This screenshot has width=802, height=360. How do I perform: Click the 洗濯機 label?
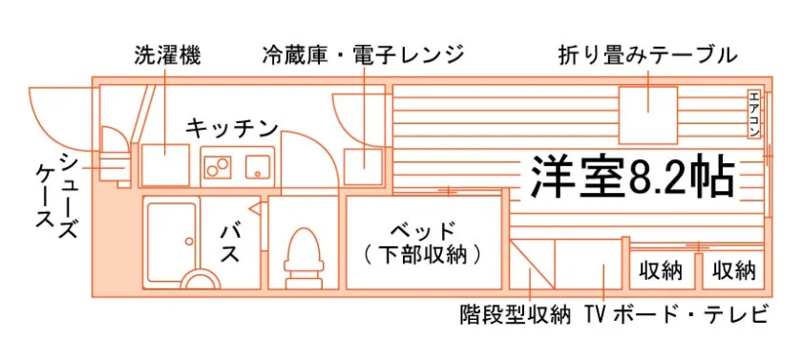click(x=167, y=56)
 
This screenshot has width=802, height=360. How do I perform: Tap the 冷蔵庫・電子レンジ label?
click(x=363, y=55)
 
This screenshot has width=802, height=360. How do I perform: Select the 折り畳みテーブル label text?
click(x=648, y=55)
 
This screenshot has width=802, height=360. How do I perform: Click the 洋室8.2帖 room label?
click(x=633, y=177)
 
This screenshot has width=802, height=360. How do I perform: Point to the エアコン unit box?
click(x=754, y=114)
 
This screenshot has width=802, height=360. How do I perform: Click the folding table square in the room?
click(x=648, y=116)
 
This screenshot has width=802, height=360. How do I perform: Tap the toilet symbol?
click(x=305, y=257)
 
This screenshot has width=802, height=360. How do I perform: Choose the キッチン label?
click(x=231, y=128)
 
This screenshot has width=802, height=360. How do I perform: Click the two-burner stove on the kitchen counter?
click(x=218, y=167)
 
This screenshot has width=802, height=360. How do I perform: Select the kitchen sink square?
click(x=259, y=167)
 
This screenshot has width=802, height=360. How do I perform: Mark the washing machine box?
click(x=165, y=164)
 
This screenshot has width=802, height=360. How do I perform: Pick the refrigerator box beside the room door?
click(x=363, y=166)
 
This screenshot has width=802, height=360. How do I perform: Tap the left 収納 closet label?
click(x=662, y=270)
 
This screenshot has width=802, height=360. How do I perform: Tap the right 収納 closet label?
click(x=734, y=270)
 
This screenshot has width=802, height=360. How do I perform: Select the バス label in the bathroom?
click(x=230, y=244)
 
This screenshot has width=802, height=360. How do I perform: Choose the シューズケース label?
click(x=57, y=196)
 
